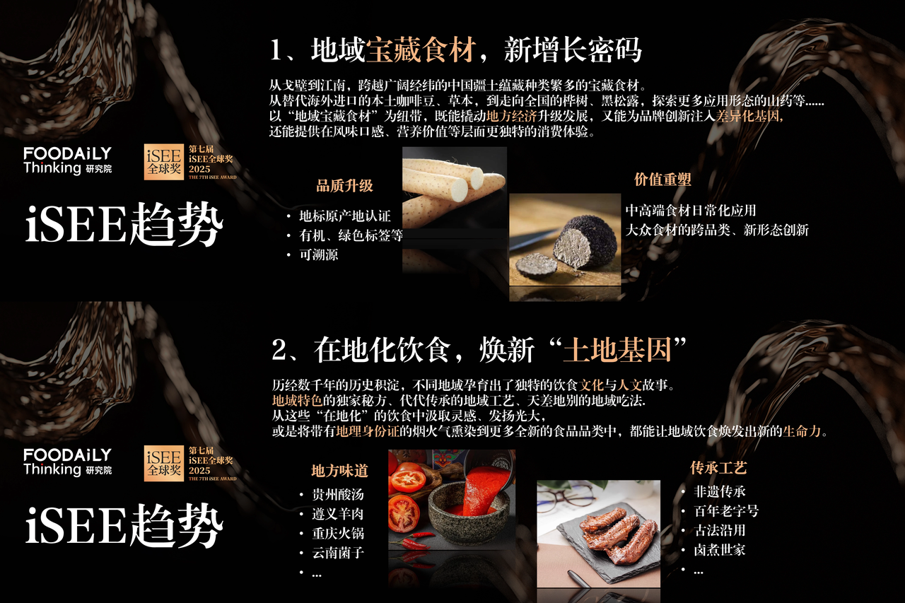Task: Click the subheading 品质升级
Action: (x=344, y=186)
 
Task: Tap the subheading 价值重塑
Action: (x=662, y=180)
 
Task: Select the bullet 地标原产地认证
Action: (x=344, y=216)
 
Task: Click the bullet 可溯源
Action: (x=318, y=255)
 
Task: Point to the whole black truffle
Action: (x=586, y=242)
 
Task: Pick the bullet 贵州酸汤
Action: (x=338, y=494)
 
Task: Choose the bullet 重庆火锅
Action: (x=338, y=533)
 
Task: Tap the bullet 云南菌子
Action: (x=338, y=553)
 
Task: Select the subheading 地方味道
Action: (x=339, y=471)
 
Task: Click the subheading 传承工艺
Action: (x=718, y=468)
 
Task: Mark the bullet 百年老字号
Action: (x=726, y=511)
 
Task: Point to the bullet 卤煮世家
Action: (x=720, y=550)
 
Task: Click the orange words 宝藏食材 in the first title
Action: (x=421, y=50)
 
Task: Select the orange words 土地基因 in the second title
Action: (x=617, y=350)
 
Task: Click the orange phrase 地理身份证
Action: (x=368, y=431)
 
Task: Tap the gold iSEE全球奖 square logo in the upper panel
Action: (x=163, y=162)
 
